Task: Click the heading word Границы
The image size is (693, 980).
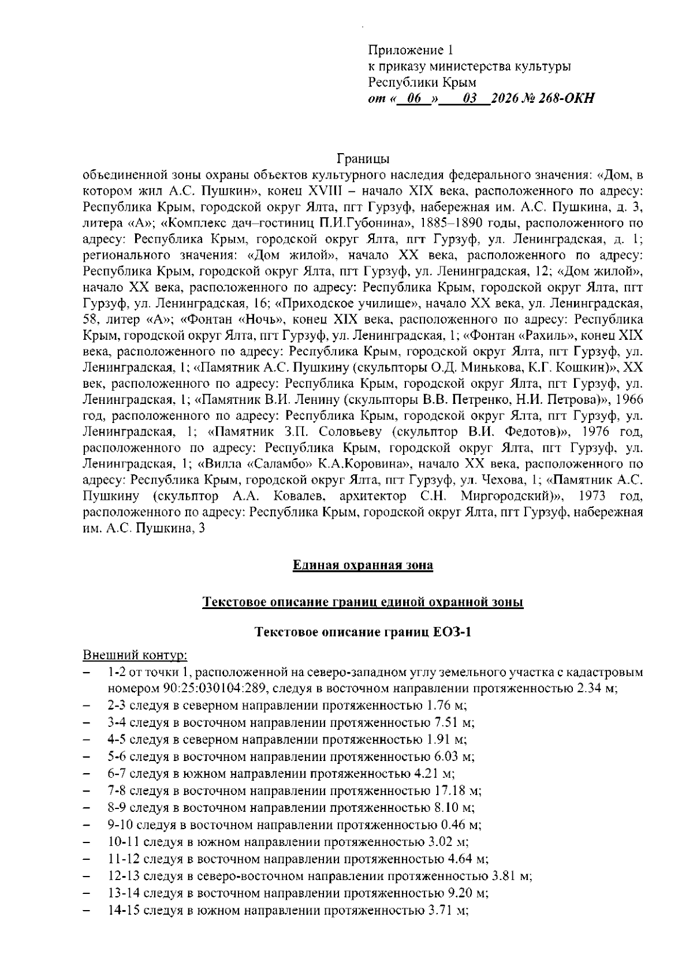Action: (x=363, y=158)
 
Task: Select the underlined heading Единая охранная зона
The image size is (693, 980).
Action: (x=363, y=565)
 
